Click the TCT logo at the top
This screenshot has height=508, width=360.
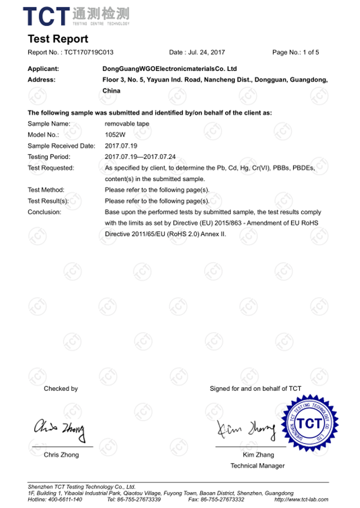coord(76,16)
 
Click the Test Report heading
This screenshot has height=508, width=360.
coord(58,39)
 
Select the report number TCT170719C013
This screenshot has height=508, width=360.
coord(89,52)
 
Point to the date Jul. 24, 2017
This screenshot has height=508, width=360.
coord(206,52)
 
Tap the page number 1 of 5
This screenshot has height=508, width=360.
coord(311,52)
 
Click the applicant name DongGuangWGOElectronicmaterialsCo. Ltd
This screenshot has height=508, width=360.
coord(170,69)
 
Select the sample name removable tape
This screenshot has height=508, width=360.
coord(127,124)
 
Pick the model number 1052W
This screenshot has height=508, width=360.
coord(115,135)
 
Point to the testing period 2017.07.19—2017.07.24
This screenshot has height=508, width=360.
coord(140,157)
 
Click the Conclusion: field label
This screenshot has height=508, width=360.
coord(45,212)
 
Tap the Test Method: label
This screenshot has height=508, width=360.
coord(46,190)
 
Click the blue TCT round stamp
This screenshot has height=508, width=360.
coord(309,423)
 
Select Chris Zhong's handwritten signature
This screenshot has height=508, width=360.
coord(60,429)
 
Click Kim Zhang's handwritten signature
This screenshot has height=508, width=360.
coord(246,429)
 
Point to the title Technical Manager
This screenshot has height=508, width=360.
coord(257,466)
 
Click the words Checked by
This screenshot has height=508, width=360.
coord(61,389)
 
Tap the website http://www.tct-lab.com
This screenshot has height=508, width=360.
coord(301,500)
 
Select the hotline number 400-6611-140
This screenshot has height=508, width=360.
coord(65,500)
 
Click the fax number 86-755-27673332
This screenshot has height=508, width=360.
coord(222,500)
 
